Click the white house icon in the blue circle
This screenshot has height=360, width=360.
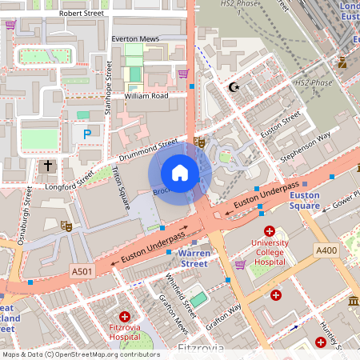[x=180, y=173]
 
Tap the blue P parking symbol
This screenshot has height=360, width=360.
[x=86, y=134]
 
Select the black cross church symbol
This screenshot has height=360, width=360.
[x=48, y=166]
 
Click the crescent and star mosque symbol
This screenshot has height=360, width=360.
[x=234, y=86]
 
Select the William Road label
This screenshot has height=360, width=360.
[x=146, y=96]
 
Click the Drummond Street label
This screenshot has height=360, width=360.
[x=147, y=149]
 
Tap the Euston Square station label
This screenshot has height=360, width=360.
[x=304, y=200]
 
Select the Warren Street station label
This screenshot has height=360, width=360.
[x=194, y=258]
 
